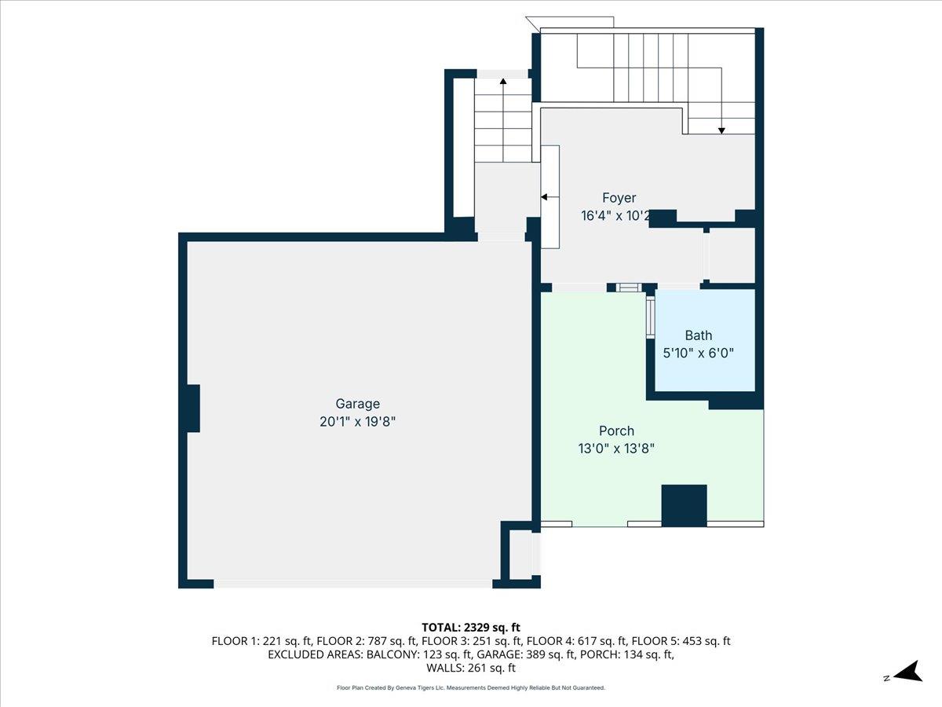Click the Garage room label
tap(358, 404)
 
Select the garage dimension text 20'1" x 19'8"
tap(358, 422)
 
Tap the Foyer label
tap(619, 198)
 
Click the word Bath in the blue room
tap(698, 335)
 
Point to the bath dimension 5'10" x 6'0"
tap(698, 353)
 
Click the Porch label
tap(616, 430)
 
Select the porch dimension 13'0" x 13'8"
tap(616, 449)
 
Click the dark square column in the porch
tap(684, 505)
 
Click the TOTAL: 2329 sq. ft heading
tap(471, 627)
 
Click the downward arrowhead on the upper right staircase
tap(721, 130)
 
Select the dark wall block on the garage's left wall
tap(192, 408)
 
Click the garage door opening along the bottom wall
tap(353, 584)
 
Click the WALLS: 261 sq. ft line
tap(471, 669)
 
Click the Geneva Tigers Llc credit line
tap(471, 688)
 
